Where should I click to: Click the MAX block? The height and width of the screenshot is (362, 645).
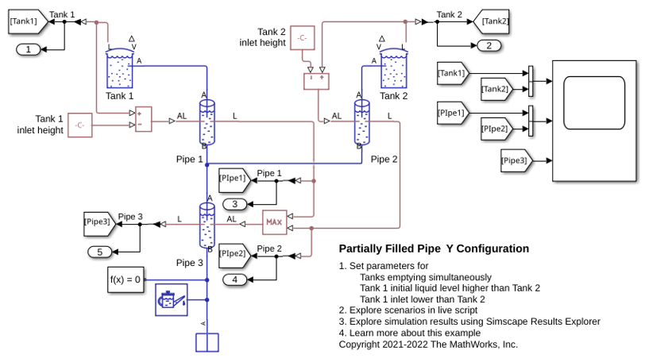click(x=274, y=222)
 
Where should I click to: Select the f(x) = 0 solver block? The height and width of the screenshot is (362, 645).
click(x=126, y=279)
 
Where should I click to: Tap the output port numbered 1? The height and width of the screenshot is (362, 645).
click(x=29, y=50)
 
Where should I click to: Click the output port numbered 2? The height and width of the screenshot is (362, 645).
click(x=489, y=45)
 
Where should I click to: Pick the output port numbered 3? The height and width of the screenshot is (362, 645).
click(x=235, y=204)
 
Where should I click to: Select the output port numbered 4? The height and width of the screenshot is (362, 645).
click(x=235, y=279)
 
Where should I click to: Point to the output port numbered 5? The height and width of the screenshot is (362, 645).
click(x=100, y=252)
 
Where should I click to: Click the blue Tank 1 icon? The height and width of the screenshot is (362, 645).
click(x=120, y=68)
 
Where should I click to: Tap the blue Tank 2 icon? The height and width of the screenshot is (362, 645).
click(x=394, y=68)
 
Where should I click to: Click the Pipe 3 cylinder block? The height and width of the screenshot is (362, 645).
click(x=207, y=225)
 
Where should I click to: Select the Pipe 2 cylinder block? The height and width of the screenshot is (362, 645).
click(x=362, y=122)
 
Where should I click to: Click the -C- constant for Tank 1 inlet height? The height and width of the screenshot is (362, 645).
click(x=79, y=125)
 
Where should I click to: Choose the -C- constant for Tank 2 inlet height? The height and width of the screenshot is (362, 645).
click(x=303, y=38)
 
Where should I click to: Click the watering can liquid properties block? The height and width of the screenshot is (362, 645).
click(x=172, y=300)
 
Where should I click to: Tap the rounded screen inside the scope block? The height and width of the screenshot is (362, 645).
click(x=594, y=103)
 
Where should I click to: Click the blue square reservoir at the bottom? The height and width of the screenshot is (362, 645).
click(x=207, y=343)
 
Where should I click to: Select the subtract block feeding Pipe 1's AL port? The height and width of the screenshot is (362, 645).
click(x=144, y=120)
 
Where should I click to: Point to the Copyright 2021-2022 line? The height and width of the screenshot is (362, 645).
click(x=428, y=345)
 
